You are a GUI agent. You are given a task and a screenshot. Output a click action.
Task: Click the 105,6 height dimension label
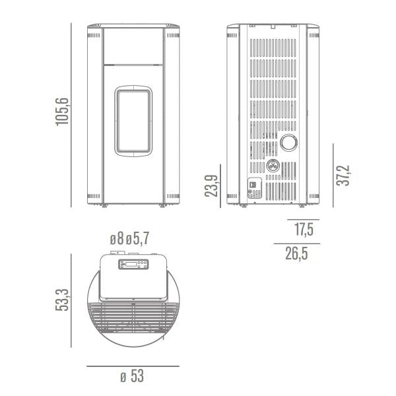(x=62, y=112)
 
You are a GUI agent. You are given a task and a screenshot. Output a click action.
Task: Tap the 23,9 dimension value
(x=211, y=185)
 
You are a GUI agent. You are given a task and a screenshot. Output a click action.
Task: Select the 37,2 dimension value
(x=343, y=176)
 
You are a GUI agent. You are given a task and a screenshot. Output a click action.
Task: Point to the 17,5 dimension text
(x=304, y=230)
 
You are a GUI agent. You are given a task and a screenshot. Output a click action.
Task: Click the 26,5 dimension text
(x=297, y=253)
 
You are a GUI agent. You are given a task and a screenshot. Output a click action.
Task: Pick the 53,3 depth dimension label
(x=62, y=300)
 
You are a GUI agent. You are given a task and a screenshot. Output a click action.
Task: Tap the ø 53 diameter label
(x=132, y=376)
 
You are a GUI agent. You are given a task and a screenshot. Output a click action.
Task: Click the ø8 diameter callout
(x=117, y=239)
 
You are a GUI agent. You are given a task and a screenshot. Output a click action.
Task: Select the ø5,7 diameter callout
(x=138, y=239)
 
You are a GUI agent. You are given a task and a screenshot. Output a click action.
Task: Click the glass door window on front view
(x=133, y=121)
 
